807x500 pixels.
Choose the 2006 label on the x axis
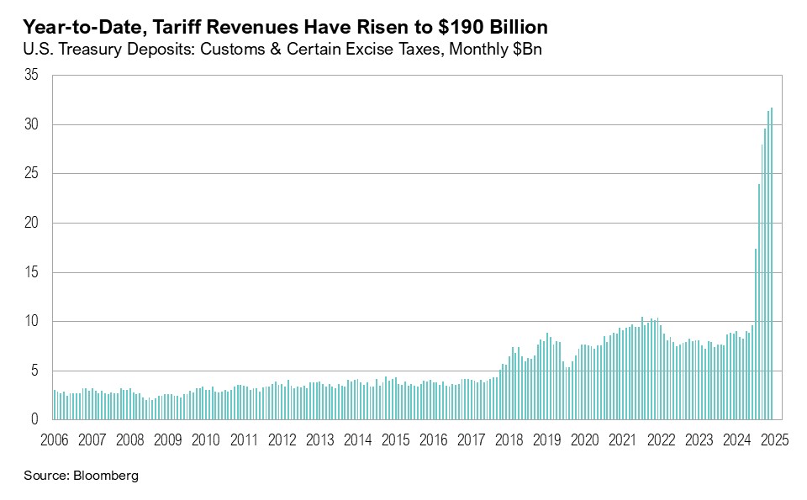(x=54, y=439)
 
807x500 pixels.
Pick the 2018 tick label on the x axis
(x=509, y=439)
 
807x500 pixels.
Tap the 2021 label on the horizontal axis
(x=622, y=439)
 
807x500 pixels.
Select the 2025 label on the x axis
(x=773, y=439)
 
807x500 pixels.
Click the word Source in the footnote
(x=45, y=476)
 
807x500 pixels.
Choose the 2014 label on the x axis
(x=357, y=439)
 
